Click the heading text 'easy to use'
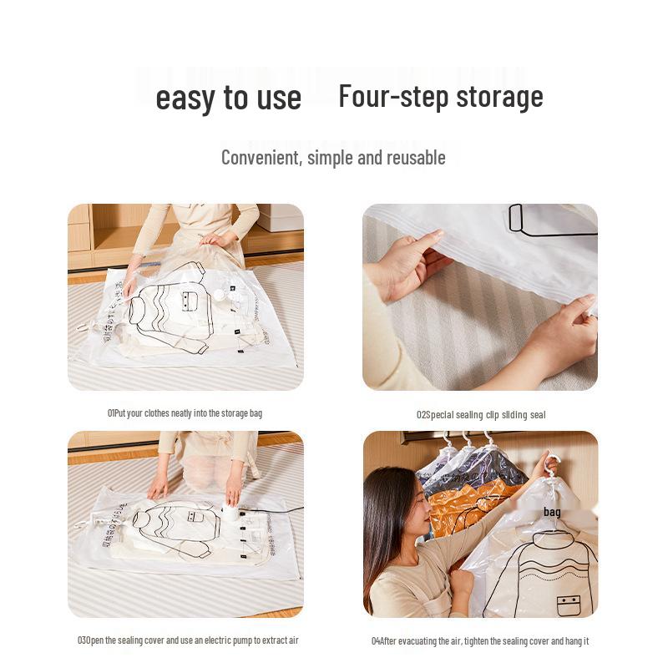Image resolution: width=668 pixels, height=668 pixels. point(228,98)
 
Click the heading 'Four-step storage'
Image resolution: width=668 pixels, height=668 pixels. point(440,96)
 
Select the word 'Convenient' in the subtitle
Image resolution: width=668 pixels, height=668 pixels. point(260,157)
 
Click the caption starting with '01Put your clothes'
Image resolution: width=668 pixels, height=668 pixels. point(185,413)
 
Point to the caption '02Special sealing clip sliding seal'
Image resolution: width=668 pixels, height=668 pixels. point(481,414)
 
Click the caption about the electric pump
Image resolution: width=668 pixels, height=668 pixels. point(187,640)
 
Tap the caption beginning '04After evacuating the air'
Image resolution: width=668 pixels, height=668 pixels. point(480,641)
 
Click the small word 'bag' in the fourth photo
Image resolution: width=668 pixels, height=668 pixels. point(552,512)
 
